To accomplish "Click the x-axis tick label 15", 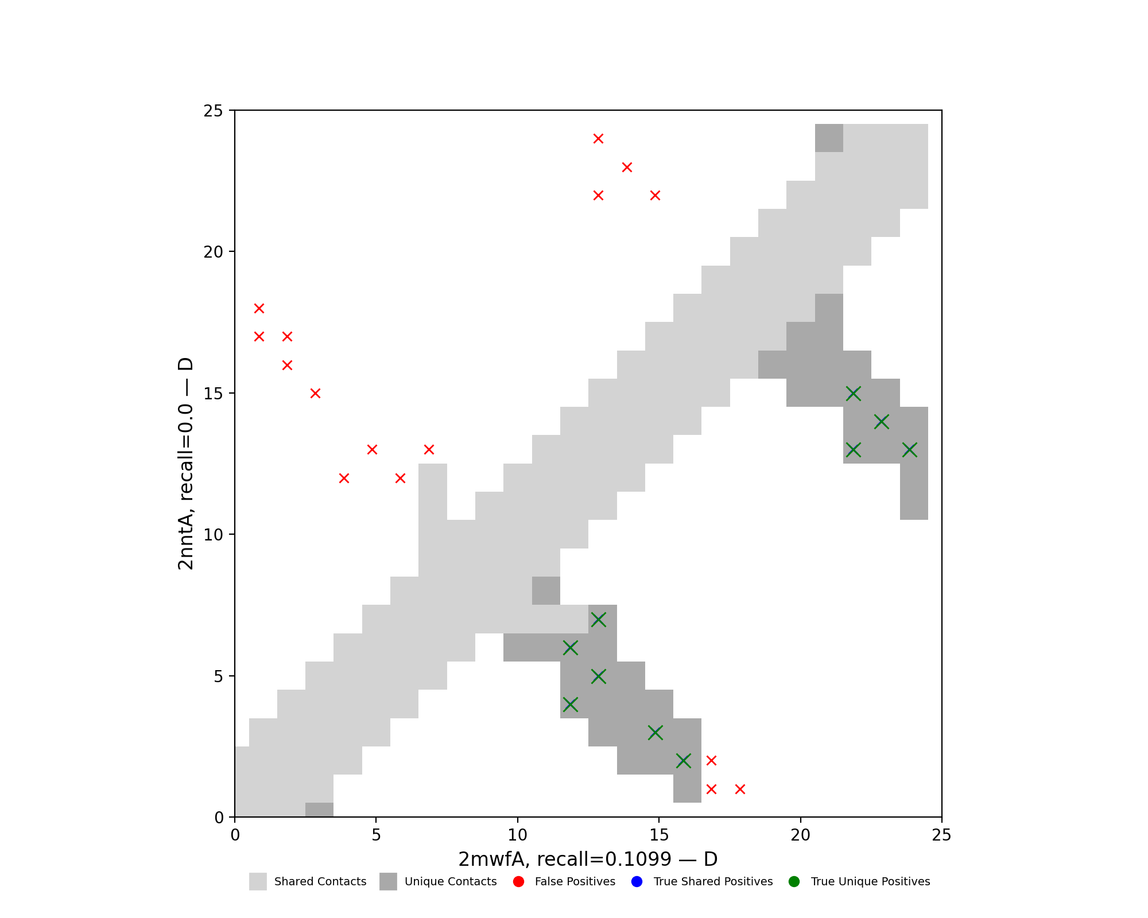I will pyautogui.click(x=659, y=835).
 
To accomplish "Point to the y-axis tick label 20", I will pyautogui.click(x=214, y=252).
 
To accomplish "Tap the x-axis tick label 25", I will pyautogui.click(x=941, y=835).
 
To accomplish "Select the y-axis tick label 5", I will pyautogui.click(x=219, y=676).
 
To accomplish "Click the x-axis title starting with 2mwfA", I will pyautogui.click(x=588, y=859).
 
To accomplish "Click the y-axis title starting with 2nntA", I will pyautogui.click(x=185, y=464).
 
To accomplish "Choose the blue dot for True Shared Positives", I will pyautogui.click(x=636, y=882).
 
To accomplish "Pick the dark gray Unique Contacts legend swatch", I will pyautogui.click(x=388, y=882).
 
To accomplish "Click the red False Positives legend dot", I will pyautogui.click(x=518, y=882).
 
